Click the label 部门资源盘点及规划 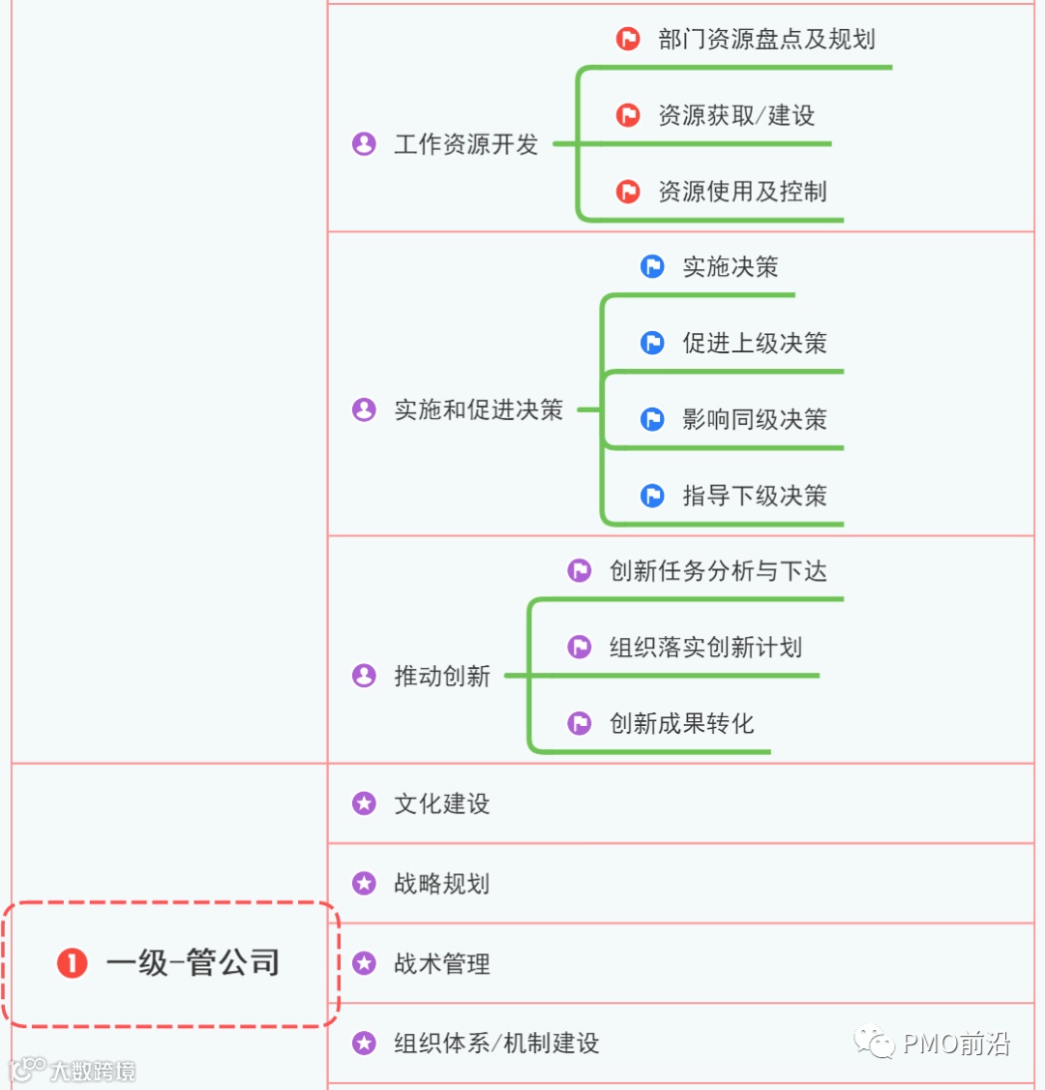pos(766,39)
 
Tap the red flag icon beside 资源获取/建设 pos(628,115)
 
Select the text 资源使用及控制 pos(742,192)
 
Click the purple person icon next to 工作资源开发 pos(364,144)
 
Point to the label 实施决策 pos(731,267)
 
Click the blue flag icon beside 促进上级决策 pos(653,343)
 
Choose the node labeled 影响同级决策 pos(755,419)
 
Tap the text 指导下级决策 pos(755,496)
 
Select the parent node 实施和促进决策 pos(478,410)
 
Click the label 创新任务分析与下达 pos(718,571)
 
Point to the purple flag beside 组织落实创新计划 pos(580,647)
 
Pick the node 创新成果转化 pos(681,723)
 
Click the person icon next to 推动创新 pos(364,676)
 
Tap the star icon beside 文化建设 pos(364,803)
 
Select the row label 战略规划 pos(441,884)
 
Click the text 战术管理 pos(441,964)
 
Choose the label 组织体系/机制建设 pos(496,1044)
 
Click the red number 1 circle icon pos(72,963)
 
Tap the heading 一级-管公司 pos(194,963)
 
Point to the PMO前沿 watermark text pos(956,1044)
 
